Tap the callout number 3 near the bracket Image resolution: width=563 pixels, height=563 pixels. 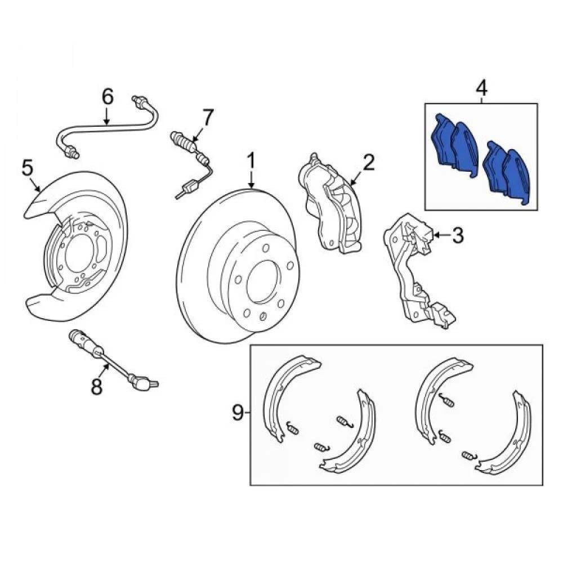pos(457,235)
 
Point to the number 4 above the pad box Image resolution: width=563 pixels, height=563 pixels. pos(481,89)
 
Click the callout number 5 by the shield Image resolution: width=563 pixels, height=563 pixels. pos(27,168)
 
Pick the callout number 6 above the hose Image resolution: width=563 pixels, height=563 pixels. pos(108,96)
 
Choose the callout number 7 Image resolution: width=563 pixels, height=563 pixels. pos(208,117)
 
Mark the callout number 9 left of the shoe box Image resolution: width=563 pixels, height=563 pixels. pos(238,413)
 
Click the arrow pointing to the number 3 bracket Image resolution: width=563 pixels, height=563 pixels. pos(442,235)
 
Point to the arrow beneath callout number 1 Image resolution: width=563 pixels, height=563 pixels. pos(251,179)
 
